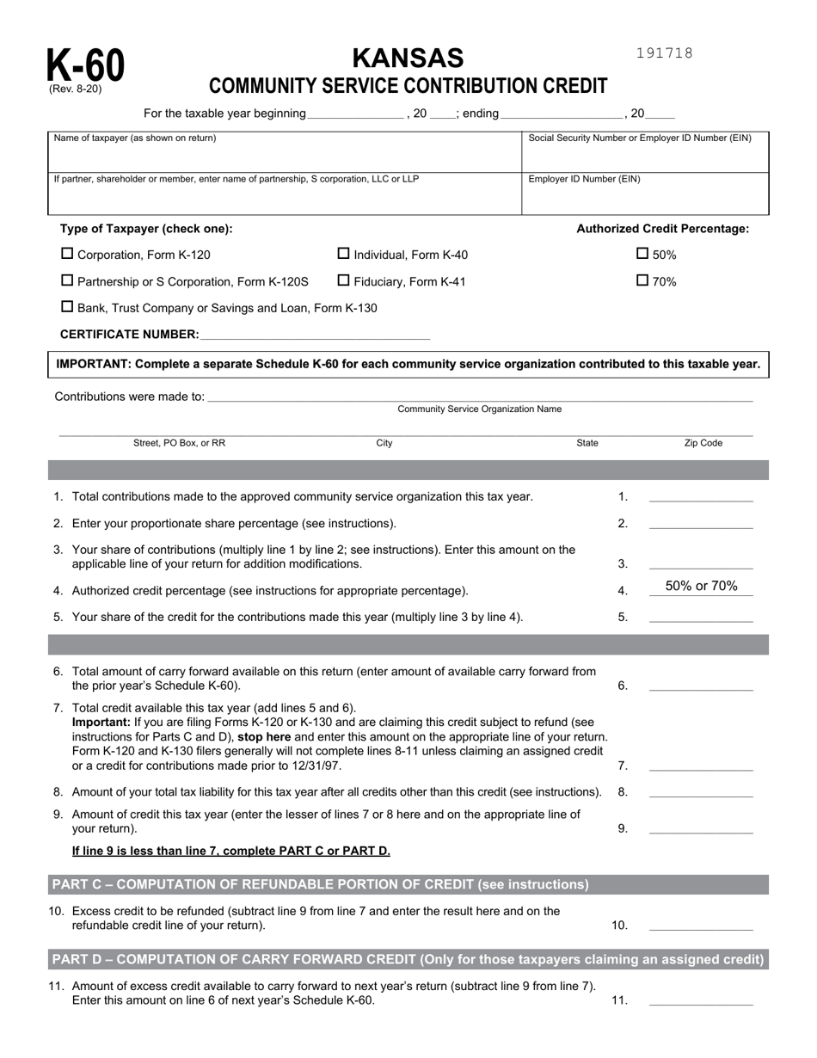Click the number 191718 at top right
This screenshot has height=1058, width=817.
click(x=664, y=53)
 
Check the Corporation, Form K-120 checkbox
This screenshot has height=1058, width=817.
click(x=67, y=254)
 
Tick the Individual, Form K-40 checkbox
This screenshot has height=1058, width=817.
click(x=344, y=254)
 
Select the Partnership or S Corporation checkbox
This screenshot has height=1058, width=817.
click(x=67, y=280)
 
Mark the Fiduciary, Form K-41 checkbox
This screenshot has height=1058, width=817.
click(x=344, y=280)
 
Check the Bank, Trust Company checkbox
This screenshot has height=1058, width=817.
click(x=67, y=307)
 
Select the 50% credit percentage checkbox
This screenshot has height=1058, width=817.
click(x=642, y=254)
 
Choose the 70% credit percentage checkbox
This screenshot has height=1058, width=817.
click(x=642, y=280)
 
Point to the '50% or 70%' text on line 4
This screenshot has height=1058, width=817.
click(x=701, y=587)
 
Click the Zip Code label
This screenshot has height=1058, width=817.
click(x=703, y=444)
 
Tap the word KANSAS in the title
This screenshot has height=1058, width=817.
click(x=408, y=58)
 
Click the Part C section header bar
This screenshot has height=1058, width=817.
click(x=408, y=884)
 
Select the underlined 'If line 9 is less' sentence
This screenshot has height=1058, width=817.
click(x=230, y=851)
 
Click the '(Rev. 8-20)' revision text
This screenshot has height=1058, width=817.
click(x=74, y=89)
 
